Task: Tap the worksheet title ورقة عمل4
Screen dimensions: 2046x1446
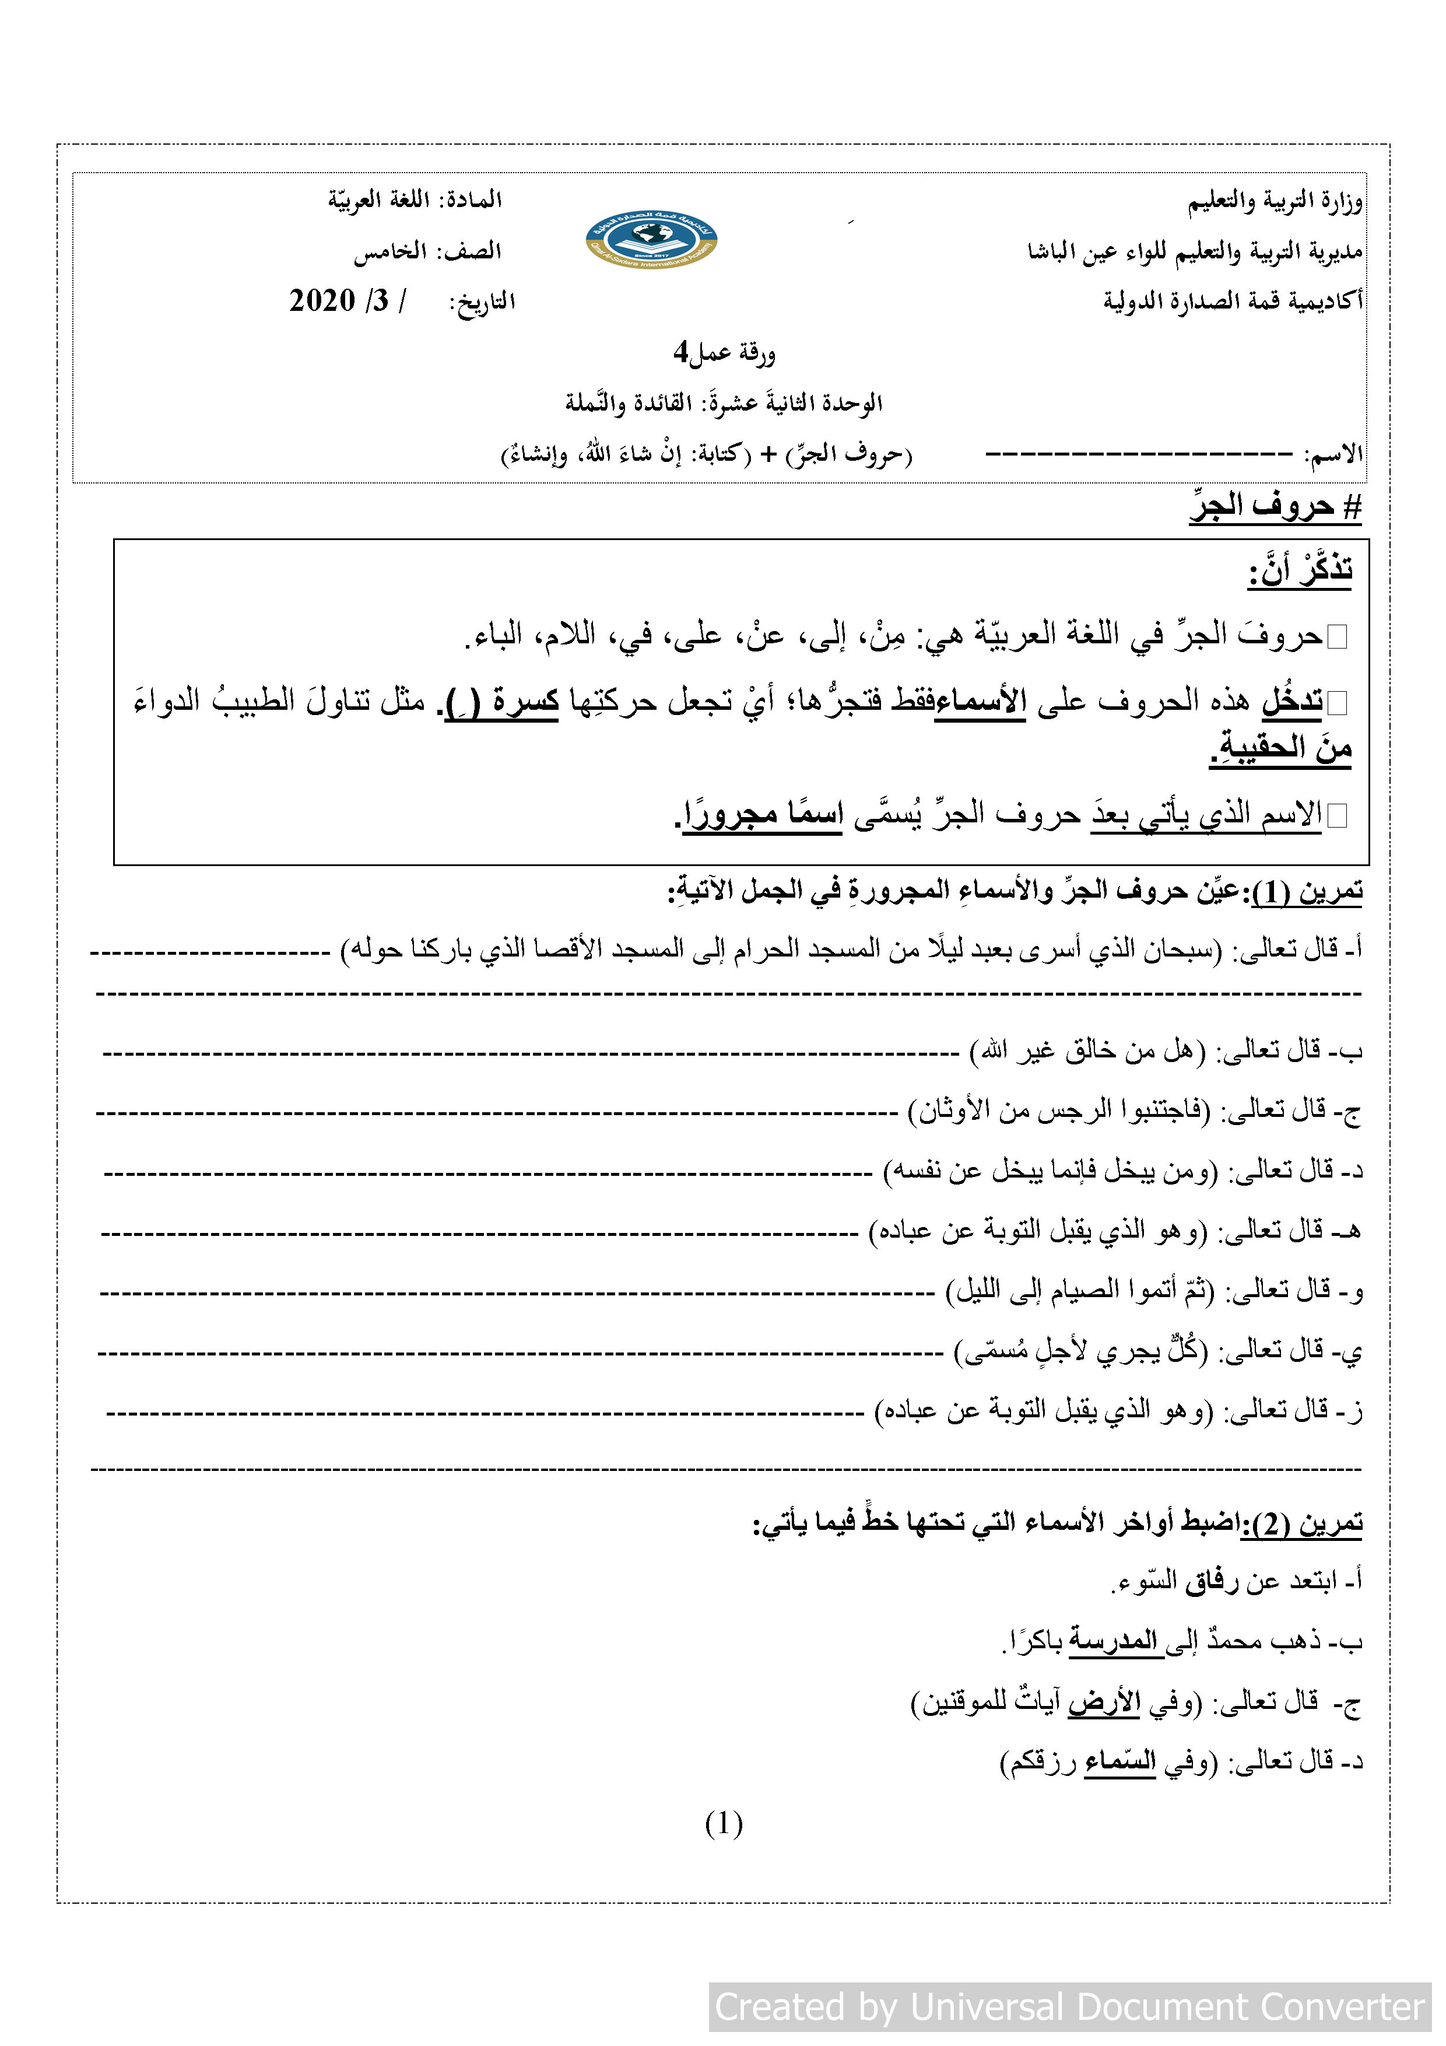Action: click(x=724, y=354)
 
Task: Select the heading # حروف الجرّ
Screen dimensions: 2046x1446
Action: click(x=1275, y=506)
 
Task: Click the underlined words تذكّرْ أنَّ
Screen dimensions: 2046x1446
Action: click(x=1300, y=569)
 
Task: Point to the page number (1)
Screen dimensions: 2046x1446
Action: click(x=724, y=1824)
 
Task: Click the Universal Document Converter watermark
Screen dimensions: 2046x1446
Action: click(x=1069, y=2007)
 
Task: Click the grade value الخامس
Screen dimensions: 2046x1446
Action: click(x=390, y=252)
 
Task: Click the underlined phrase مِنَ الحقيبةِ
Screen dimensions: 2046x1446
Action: click(x=1281, y=748)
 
